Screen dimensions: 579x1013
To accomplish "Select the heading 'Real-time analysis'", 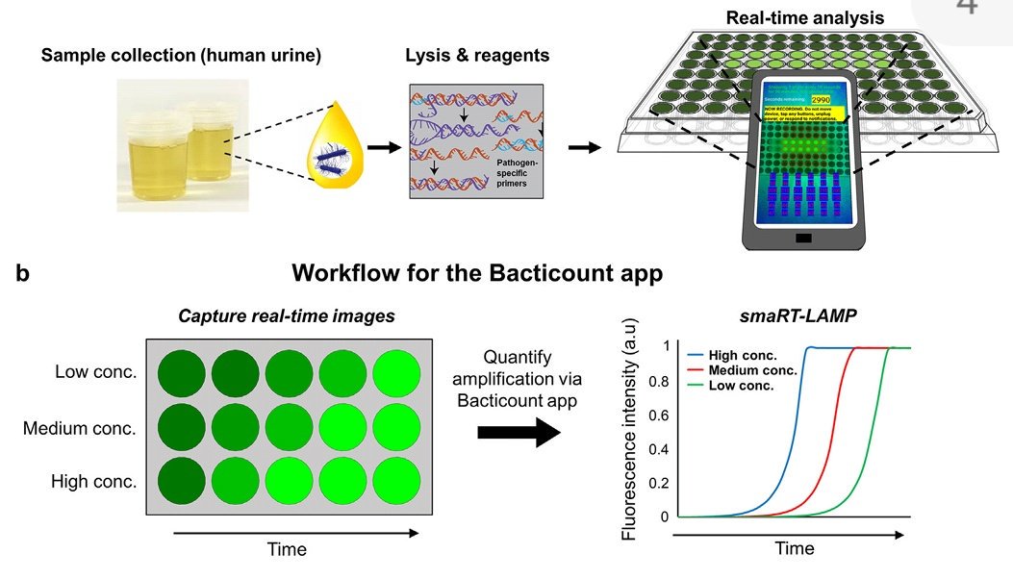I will pos(805,17).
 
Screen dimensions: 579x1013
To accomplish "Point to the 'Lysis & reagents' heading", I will pos(478,55).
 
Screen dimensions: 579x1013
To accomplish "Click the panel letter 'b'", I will pos(22,274).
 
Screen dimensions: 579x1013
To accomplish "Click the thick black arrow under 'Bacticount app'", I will pos(519,433).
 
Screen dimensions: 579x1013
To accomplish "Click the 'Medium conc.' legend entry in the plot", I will pos(753,370).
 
